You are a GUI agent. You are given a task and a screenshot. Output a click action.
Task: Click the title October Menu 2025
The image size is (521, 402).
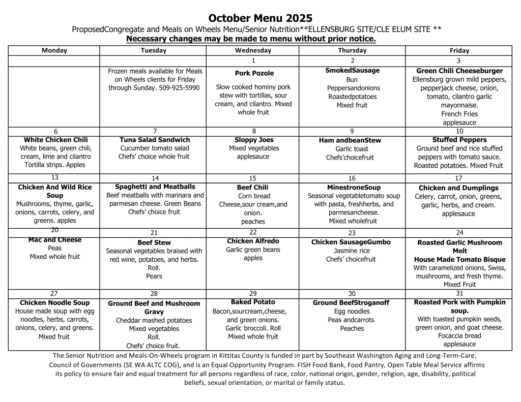point(260,18)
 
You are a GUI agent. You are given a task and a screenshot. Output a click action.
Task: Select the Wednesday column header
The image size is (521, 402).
point(253,50)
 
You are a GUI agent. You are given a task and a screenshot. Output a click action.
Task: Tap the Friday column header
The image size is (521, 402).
point(459,50)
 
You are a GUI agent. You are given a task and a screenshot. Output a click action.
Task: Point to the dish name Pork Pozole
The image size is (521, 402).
point(254,73)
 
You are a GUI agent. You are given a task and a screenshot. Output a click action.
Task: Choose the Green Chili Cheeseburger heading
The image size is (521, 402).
point(459,71)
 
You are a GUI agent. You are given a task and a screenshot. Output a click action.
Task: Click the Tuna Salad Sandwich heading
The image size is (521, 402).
point(155,140)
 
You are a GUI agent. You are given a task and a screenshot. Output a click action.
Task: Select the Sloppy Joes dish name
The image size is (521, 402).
point(254,140)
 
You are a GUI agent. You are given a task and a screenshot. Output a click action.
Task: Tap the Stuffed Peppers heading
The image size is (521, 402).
point(459,140)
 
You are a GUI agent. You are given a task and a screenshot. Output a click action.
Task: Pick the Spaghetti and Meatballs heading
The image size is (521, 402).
point(155,187)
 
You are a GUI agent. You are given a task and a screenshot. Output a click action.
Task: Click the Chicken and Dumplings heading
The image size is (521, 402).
point(459,188)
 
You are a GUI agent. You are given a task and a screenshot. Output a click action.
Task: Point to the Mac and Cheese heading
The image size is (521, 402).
point(55,240)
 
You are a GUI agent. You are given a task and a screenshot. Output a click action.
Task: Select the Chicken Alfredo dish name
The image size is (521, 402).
point(253,241)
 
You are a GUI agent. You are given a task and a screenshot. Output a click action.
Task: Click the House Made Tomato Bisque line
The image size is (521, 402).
point(459,260)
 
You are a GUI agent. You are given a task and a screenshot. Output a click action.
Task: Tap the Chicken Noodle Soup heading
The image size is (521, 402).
point(54,303)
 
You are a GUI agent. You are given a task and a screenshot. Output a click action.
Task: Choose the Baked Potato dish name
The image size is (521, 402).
point(253,302)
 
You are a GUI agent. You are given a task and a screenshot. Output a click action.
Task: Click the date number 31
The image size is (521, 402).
point(459,294)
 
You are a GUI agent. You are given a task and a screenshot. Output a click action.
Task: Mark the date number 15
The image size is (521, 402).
point(253,178)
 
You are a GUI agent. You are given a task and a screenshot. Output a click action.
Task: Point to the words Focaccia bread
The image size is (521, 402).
point(459,336)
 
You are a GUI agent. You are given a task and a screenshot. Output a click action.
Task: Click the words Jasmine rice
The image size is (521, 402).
point(352,251)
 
